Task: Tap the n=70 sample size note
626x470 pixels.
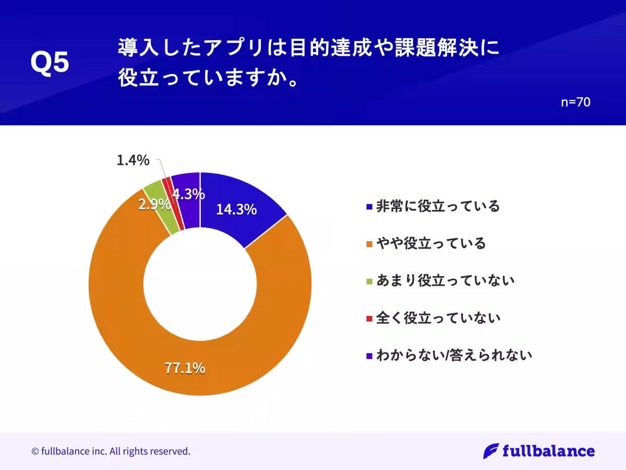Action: coord(575,102)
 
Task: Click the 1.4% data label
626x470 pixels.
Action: coord(133,160)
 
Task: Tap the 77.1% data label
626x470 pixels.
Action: coord(185,368)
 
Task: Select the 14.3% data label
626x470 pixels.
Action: coord(236,209)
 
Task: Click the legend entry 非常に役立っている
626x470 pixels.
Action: coord(438,206)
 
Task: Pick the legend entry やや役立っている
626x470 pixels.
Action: coord(431,243)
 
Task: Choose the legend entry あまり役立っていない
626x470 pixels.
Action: coord(445,280)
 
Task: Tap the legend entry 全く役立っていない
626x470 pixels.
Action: coord(438,318)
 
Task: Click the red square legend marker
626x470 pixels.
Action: coord(369,318)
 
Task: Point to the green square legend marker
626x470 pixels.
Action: coord(369,281)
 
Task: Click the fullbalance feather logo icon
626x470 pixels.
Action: coord(490,451)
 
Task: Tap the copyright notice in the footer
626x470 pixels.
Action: coord(111,451)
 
